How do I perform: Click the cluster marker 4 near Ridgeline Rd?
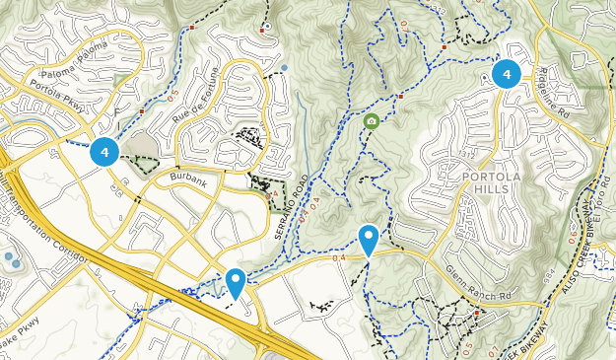tap(507, 73)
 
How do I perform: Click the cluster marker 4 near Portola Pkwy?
tap(104, 152)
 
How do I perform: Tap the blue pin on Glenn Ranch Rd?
tap(369, 239)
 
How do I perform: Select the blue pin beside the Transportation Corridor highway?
tap(236, 282)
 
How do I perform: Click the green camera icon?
tap(372, 121)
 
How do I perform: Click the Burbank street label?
tap(189, 178)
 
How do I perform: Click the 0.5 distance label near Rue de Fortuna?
tap(170, 95)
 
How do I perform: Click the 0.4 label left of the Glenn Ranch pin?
tap(340, 259)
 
